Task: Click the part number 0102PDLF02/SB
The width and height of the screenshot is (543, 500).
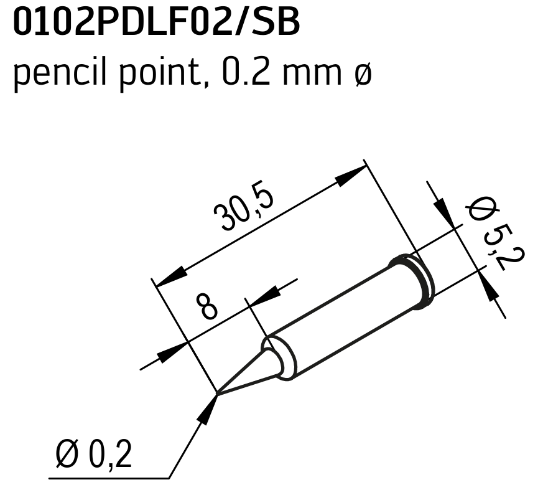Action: click(156, 23)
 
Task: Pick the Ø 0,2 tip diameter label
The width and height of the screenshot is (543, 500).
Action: click(93, 454)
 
